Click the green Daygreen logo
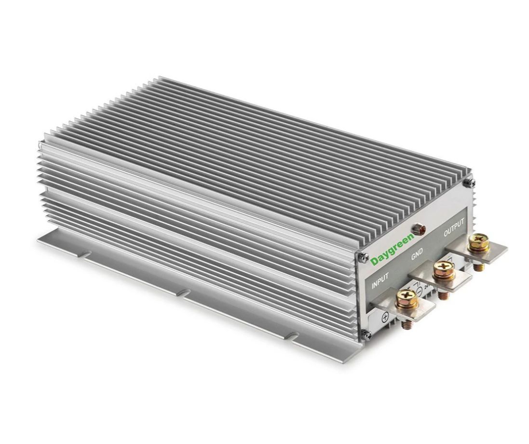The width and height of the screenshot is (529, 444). [x=392, y=249]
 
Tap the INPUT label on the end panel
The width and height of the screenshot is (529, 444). [x=380, y=280]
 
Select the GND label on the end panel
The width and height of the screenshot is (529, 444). [x=417, y=254]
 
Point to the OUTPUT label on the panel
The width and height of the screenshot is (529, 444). [x=454, y=228]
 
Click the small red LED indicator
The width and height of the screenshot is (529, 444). [x=420, y=229]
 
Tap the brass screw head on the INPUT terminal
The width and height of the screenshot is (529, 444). [x=407, y=298]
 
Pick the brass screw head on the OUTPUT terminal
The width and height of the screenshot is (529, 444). [x=478, y=242]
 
